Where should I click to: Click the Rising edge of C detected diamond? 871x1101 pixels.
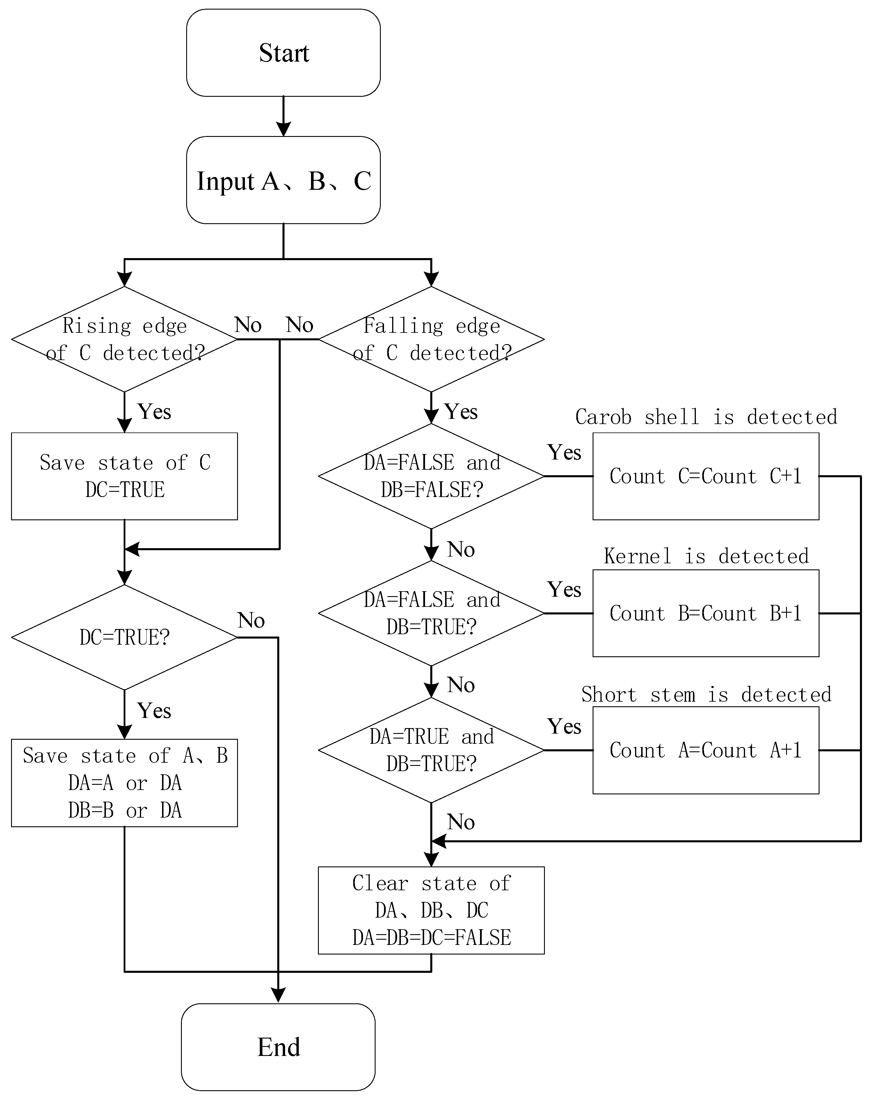125,339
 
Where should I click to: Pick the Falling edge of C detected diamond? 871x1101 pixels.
431,339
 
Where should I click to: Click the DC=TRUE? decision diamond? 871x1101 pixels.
125,637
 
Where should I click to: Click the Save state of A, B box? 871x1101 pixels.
125,782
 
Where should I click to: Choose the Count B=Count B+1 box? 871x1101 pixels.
706,613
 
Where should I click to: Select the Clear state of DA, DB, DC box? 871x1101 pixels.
431,910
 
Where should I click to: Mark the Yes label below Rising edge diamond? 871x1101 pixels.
154,412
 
